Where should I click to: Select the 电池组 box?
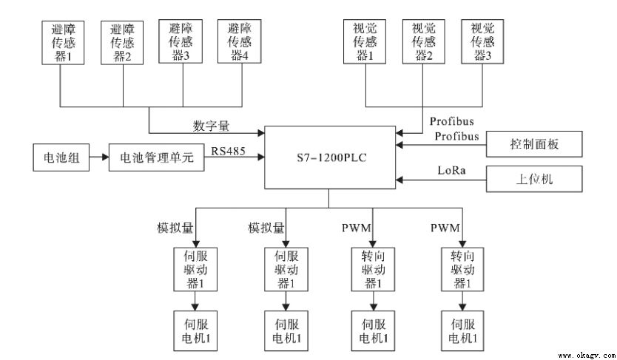point(61,157)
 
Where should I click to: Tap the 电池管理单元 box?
point(156,157)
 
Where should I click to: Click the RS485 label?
point(229,151)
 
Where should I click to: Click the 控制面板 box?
point(535,143)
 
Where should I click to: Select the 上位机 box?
point(535,179)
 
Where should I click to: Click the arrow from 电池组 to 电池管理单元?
point(98,157)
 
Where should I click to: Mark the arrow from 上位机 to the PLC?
point(442,179)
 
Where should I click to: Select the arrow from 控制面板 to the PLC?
point(442,145)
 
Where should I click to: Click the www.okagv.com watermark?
point(585,354)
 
